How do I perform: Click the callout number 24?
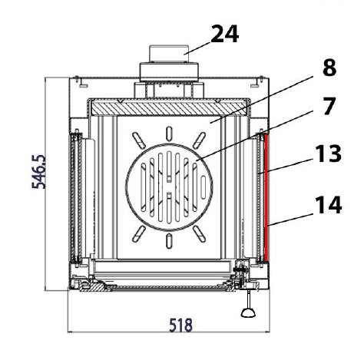tap(225, 34)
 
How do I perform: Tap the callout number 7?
tap(329, 106)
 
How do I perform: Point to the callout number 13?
tap(329, 154)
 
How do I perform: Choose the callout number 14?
tap(329, 205)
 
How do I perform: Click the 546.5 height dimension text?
tap(39, 171)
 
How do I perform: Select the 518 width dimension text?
tap(180, 325)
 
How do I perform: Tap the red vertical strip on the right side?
tap(266, 198)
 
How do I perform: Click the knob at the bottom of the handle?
tap(248, 313)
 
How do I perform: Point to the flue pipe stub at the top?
tap(169, 54)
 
